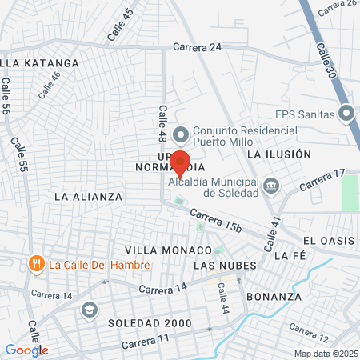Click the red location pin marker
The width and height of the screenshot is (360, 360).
click(180, 162)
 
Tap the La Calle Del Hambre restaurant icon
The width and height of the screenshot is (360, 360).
click(35, 263)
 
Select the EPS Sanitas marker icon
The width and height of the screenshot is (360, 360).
click(346, 114)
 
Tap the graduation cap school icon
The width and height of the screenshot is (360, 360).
click(89, 309)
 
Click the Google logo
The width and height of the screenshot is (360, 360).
click(26, 350)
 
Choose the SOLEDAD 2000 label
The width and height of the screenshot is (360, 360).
click(150, 323)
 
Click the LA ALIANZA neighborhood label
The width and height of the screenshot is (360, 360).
click(88, 196)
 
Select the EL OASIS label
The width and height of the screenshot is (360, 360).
click(328, 241)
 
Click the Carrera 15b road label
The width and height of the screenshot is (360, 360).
click(215, 221)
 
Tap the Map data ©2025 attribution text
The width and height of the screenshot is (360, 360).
click(325, 354)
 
